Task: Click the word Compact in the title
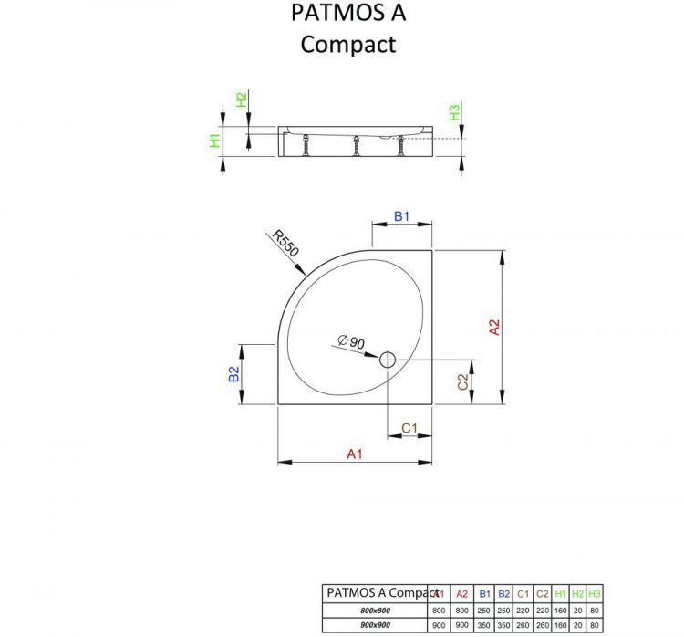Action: click(348, 43)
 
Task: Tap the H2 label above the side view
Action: click(241, 100)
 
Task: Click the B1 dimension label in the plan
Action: click(401, 216)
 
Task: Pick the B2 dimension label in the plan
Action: click(233, 373)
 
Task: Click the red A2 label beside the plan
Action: click(493, 328)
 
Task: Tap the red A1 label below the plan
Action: click(355, 454)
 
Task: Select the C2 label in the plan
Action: click(462, 381)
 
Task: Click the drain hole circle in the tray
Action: click(389, 360)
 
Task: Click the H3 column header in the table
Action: click(594, 594)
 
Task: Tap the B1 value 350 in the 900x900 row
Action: click(484, 625)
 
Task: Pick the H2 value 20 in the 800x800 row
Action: click(577, 610)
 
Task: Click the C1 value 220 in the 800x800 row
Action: click(523, 610)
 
